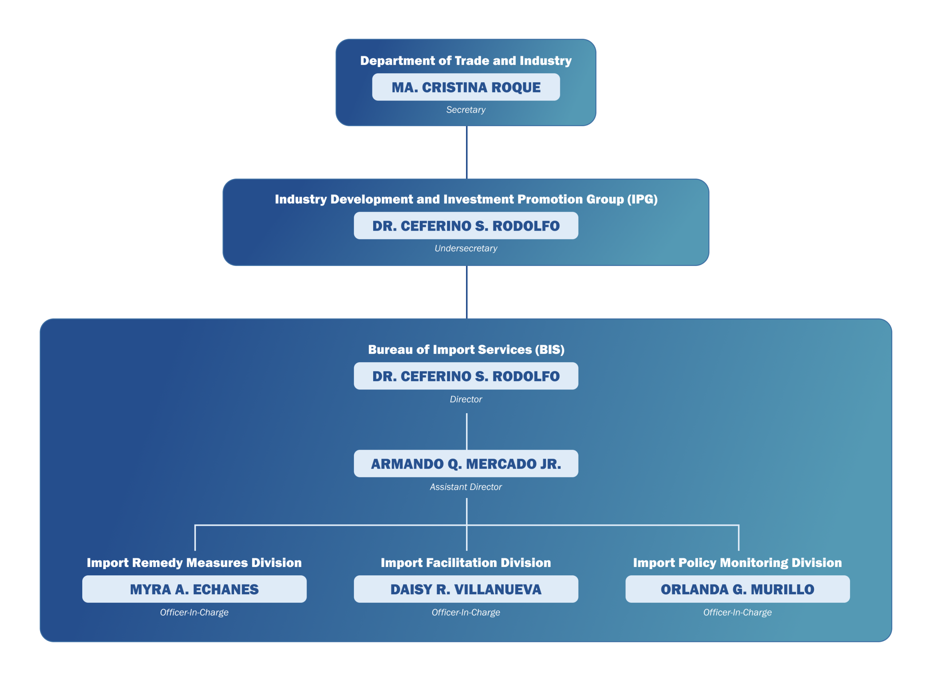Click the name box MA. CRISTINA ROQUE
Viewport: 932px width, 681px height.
click(466, 87)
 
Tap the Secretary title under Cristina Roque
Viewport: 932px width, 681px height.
click(466, 110)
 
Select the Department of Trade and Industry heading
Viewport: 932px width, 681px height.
click(466, 60)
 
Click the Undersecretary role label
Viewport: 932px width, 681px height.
click(466, 248)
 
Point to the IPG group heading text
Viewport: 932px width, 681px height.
click(466, 199)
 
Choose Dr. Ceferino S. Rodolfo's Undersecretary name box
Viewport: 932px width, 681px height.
click(466, 226)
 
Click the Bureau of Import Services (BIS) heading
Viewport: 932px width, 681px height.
click(466, 349)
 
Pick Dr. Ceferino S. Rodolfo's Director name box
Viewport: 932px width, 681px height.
click(466, 376)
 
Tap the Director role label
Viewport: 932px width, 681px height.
click(466, 399)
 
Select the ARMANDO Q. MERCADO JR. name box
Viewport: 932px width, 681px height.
click(466, 464)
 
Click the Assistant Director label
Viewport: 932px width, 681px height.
click(466, 487)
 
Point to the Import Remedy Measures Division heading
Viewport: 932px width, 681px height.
click(194, 563)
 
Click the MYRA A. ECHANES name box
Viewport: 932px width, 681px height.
click(194, 589)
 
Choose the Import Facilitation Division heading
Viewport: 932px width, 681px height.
click(466, 563)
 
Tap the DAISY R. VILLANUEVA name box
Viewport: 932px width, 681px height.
click(466, 589)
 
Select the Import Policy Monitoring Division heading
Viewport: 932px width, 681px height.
click(737, 563)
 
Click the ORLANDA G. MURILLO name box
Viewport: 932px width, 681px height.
click(737, 589)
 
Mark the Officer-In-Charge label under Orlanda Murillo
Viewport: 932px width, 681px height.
click(737, 612)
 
